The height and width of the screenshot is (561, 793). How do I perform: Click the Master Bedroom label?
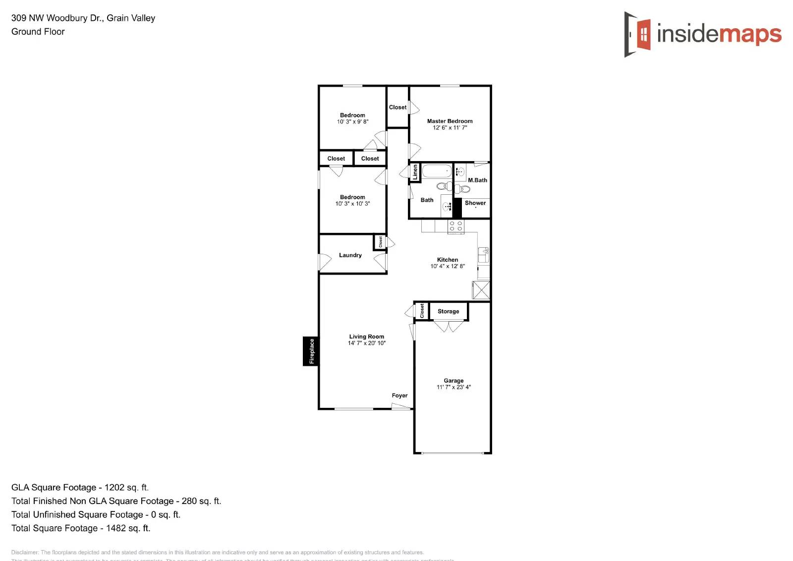point(450,121)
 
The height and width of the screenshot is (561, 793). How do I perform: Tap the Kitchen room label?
point(448,260)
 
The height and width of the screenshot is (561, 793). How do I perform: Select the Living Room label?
point(366,337)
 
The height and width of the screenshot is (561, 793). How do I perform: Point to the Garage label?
point(453,381)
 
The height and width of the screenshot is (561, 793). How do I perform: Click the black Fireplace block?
point(311,351)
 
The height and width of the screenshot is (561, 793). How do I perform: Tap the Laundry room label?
point(350,255)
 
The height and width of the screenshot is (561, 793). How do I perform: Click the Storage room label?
point(448,311)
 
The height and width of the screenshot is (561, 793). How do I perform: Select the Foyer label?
point(399,395)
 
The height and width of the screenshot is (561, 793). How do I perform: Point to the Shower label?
point(475,203)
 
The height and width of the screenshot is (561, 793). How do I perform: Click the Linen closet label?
point(415,172)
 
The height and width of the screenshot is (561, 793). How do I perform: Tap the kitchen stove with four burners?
point(456,226)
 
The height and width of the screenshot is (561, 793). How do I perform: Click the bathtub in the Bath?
point(437,171)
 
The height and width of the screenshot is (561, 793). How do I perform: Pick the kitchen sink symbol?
point(483,255)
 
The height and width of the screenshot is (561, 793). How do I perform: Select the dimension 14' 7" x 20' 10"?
point(367,343)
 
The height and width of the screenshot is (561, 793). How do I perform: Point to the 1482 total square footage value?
point(128,528)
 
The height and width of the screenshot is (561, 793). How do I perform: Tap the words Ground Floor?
point(38,32)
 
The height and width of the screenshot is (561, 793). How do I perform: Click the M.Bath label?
point(477,180)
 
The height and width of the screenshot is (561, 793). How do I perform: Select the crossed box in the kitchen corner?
point(481,290)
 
